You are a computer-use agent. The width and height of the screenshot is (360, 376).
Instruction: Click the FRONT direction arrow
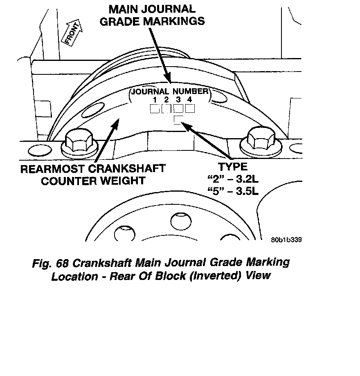72,32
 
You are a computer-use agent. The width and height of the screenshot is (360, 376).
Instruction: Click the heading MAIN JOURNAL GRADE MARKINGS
152,15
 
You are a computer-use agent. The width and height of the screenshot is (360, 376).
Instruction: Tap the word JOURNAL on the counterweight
149,91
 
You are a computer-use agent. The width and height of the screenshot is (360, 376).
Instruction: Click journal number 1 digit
155,100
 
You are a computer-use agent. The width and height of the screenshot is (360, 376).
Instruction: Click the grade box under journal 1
155,109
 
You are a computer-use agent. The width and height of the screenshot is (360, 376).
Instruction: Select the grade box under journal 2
166,109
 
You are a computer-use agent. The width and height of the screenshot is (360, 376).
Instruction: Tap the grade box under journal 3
178,109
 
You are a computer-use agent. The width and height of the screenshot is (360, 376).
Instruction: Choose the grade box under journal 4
189,109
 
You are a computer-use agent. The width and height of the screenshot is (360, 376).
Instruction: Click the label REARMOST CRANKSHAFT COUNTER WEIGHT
93,175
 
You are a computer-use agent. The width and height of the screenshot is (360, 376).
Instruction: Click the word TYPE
232,167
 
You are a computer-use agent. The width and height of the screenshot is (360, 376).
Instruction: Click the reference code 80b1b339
286,239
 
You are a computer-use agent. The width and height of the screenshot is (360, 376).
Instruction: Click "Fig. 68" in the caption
53,263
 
